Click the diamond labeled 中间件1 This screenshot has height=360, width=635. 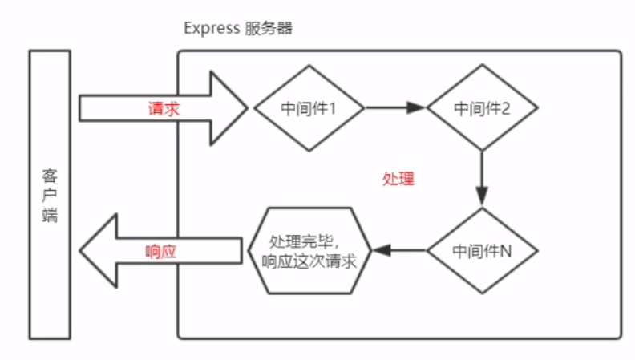(309, 107)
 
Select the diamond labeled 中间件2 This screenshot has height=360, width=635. (482, 107)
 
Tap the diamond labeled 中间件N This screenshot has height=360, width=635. (482, 250)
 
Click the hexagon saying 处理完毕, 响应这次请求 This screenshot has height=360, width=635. (309, 250)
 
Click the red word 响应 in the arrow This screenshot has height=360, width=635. (161, 250)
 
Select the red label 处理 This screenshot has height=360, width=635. (398, 179)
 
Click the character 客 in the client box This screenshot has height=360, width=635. (50, 175)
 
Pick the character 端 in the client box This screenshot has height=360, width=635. (50, 215)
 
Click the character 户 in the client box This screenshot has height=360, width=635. (50, 195)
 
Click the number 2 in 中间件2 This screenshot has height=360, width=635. (506, 107)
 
